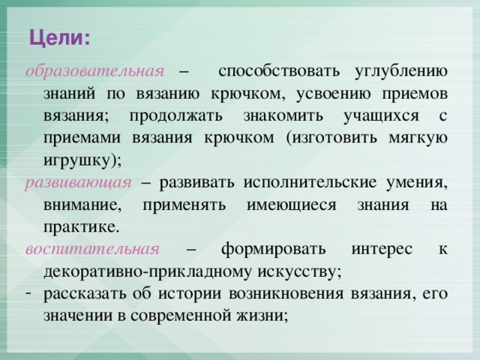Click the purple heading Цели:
tap(60, 39)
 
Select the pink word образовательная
tap(95, 71)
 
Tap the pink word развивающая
tap(78, 184)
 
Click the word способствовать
tap(279, 71)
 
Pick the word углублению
tap(401, 72)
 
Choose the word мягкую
tap(418, 139)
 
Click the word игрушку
tap(76, 161)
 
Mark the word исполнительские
tap(310, 183)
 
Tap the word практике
tap(79, 227)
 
